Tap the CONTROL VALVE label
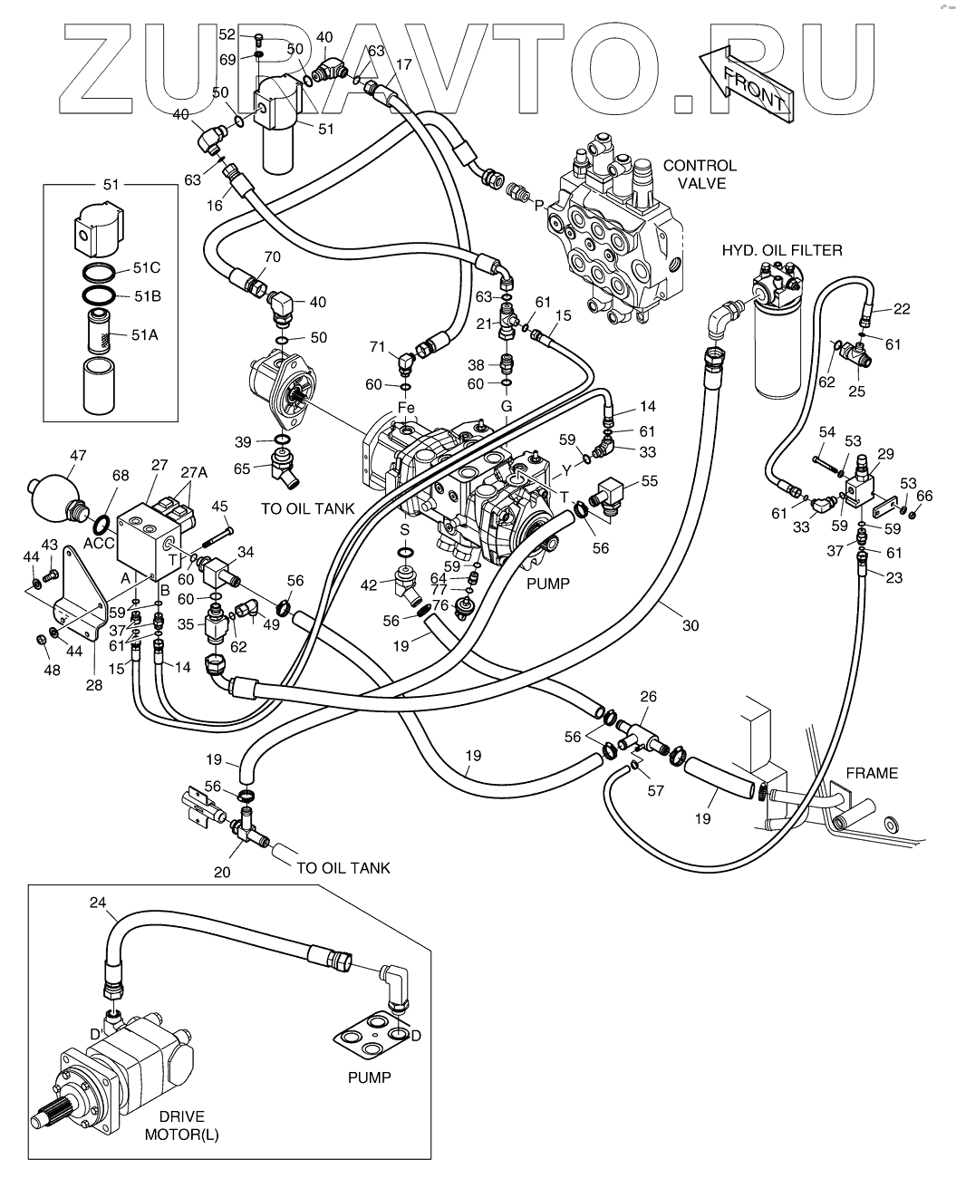[700, 175]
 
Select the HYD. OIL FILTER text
[782, 251]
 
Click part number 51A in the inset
[145, 335]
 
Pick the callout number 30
[690, 625]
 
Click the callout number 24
[97, 902]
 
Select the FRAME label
[872, 773]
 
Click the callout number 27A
[194, 472]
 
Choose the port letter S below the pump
[404, 530]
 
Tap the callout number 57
[655, 790]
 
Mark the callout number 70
[272, 257]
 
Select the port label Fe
[406, 408]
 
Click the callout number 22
[902, 309]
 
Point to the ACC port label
[99, 543]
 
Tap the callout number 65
[242, 468]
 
